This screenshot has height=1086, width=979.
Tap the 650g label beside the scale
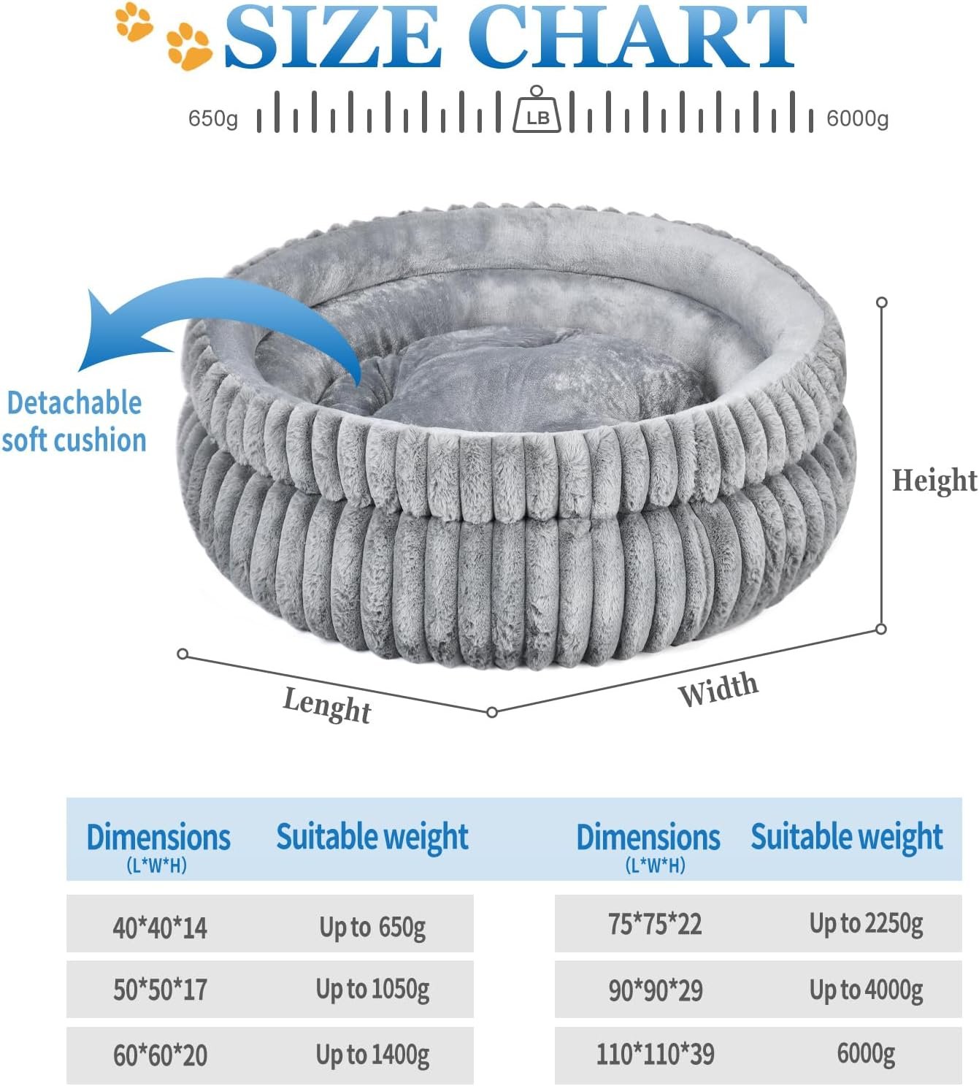click(x=212, y=118)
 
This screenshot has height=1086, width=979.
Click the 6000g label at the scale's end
click(x=857, y=118)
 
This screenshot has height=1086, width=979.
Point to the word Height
click(x=934, y=481)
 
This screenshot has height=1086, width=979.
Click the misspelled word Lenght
click(x=327, y=704)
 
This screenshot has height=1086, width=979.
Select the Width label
click(x=718, y=689)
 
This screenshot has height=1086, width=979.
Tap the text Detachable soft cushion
click(x=74, y=421)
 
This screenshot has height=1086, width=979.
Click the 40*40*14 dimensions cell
click(x=160, y=928)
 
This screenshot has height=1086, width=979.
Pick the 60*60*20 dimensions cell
click(x=160, y=1055)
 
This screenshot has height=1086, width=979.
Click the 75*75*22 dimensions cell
click(x=655, y=924)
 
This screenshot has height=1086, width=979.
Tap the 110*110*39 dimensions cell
click(x=655, y=1054)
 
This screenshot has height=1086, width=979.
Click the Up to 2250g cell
click(x=866, y=924)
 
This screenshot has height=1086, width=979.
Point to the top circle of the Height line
click(x=882, y=302)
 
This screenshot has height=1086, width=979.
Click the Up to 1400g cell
click(x=372, y=1055)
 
